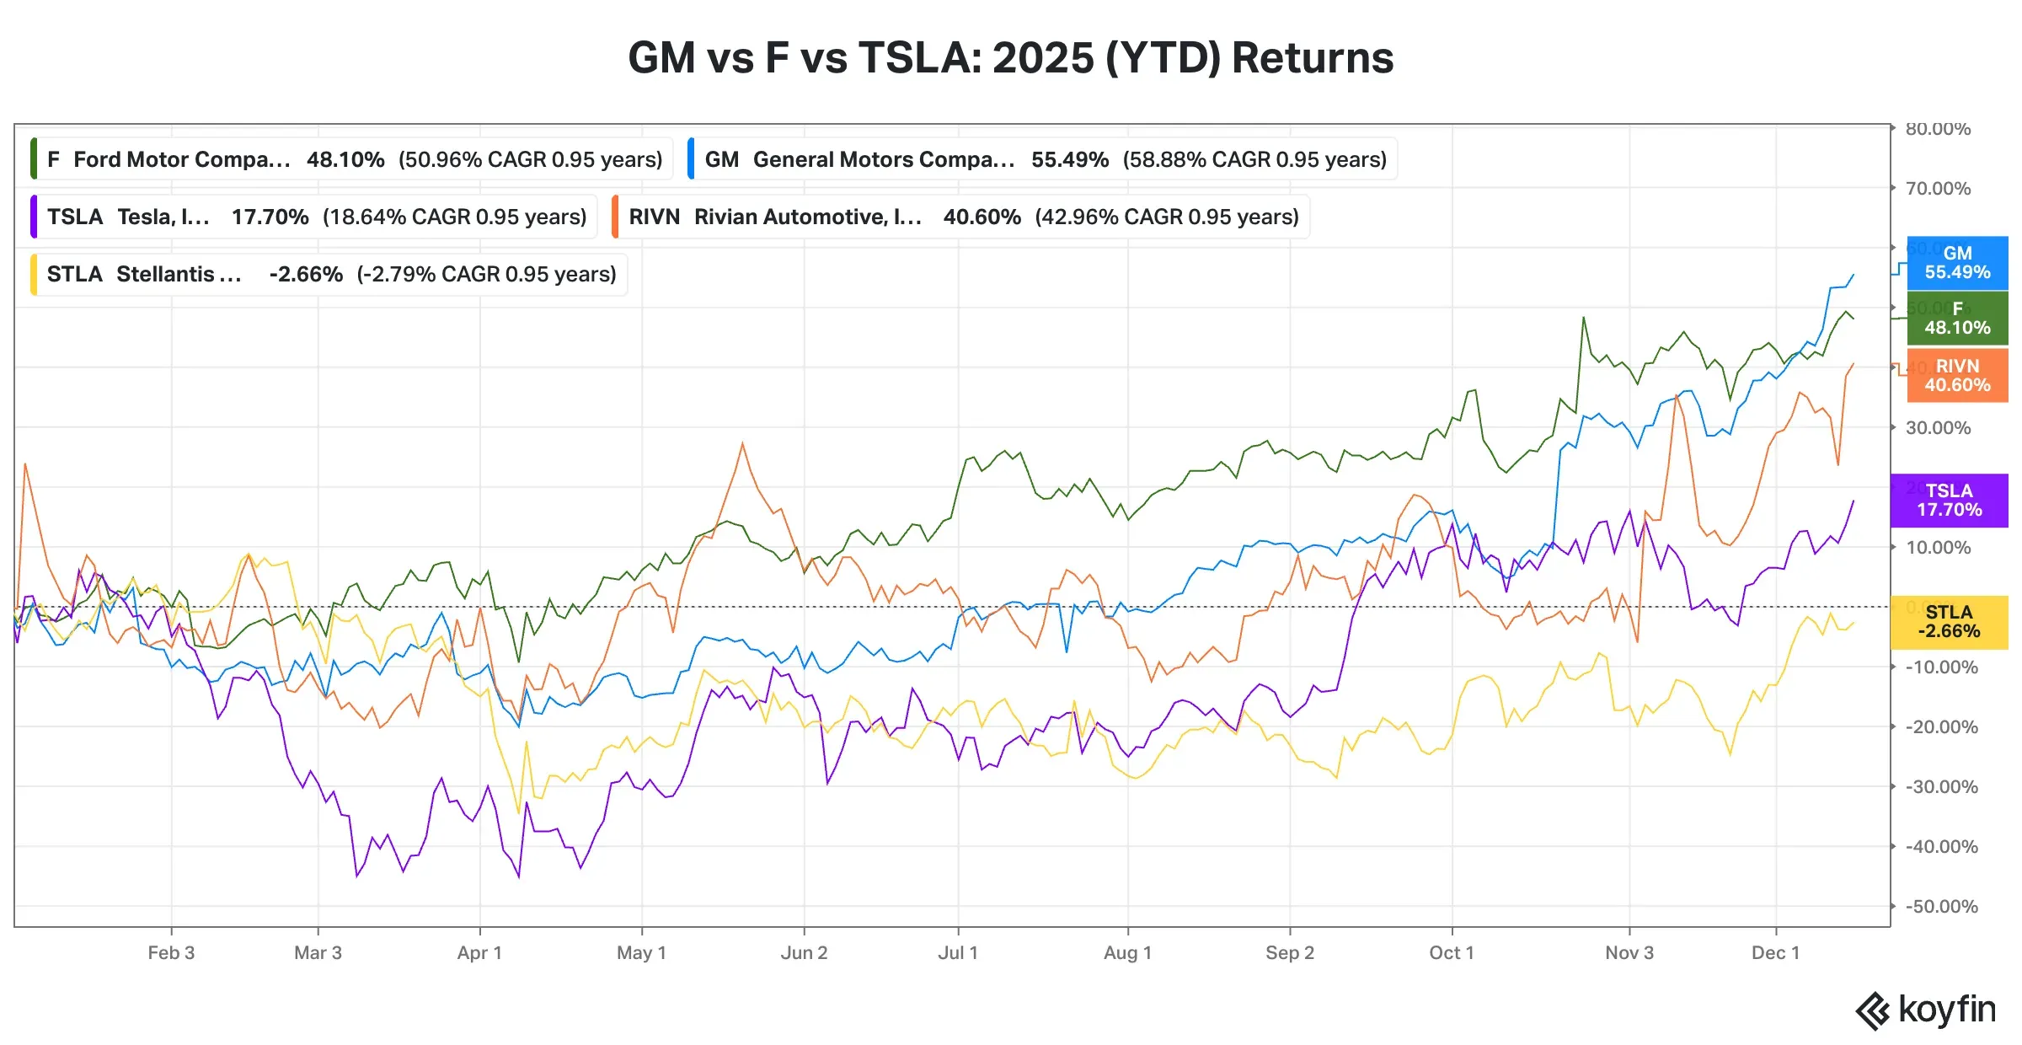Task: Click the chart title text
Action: click(1010, 58)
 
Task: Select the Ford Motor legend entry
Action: click(352, 159)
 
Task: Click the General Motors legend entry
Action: click(1043, 159)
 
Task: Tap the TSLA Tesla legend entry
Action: click(314, 217)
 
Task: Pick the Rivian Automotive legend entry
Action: click(961, 217)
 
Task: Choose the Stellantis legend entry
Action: click(329, 274)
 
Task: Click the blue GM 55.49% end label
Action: click(1956, 263)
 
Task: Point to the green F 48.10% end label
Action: click(1956, 319)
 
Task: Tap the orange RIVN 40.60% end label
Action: click(1956, 376)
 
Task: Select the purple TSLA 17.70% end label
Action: click(1949, 501)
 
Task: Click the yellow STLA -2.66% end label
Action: click(1949, 622)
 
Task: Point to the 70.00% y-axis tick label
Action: click(1938, 189)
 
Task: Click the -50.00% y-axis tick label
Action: click(1941, 907)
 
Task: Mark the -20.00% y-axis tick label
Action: click(1941, 727)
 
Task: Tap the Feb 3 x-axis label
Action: click(171, 953)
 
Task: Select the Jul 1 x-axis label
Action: click(958, 953)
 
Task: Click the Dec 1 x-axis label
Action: click(1775, 953)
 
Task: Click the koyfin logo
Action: click(1925, 1010)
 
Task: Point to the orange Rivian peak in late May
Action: click(742, 443)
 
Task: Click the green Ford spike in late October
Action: click(1583, 319)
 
